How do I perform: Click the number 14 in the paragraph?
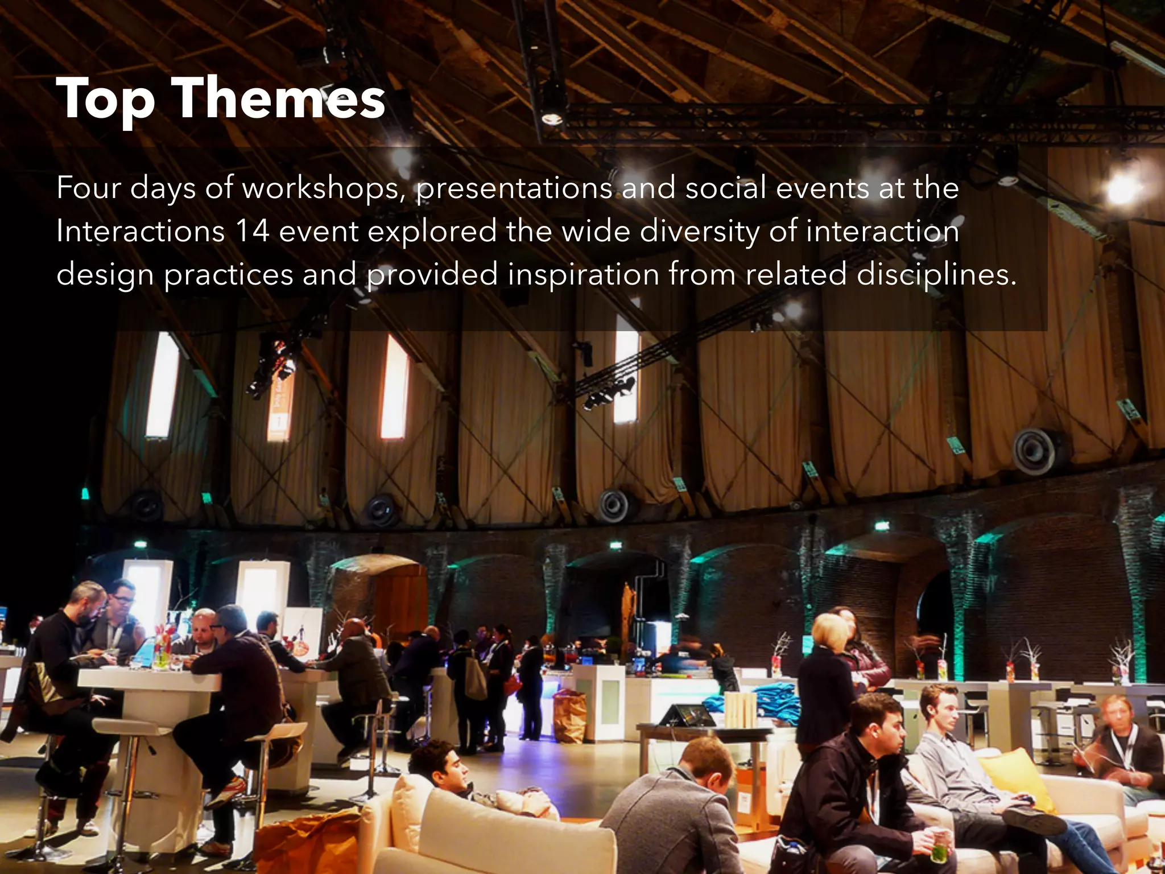pyautogui.click(x=252, y=232)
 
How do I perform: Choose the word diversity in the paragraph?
pyautogui.click(x=700, y=232)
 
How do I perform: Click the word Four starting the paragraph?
pyautogui.click(x=89, y=188)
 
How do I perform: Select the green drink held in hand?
pyautogui.click(x=939, y=852)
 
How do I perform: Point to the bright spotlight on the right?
pyautogui.click(x=1122, y=189)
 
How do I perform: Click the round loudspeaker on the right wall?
pyautogui.click(x=1035, y=451)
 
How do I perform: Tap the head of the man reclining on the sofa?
pyautogui.click(x=438, y=762)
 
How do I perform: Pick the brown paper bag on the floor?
pyautogui.click(x=570, y=717)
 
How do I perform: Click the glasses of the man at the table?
pyautogui.click(x=123, y=599)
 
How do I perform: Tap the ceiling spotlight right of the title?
pyautogui.click(x=552, y=118)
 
